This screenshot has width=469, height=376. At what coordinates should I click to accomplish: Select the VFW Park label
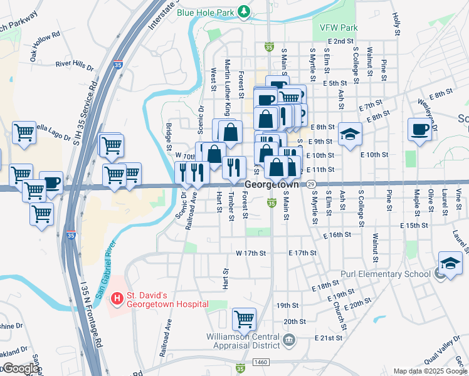point(339,28)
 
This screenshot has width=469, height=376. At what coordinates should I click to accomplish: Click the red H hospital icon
point(116,299)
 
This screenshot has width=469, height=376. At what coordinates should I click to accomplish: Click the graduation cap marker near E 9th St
point(350,133)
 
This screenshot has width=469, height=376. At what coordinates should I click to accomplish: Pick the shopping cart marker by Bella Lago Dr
point(24,132)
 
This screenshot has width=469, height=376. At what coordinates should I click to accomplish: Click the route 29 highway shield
point(311,184)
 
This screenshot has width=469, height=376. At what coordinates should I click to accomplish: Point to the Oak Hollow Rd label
point(43,48)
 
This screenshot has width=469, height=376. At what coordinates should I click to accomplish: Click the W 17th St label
point(251,253)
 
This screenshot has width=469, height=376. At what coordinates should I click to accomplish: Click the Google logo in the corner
point(20,368)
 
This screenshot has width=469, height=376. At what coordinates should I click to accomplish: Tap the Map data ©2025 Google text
point(429,371)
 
